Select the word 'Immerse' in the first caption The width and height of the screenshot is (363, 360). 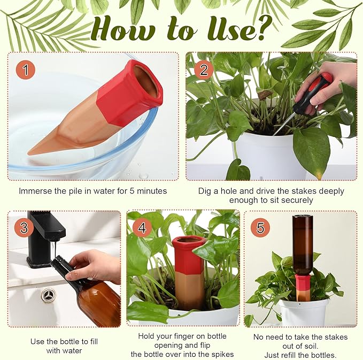coord(35,191)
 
